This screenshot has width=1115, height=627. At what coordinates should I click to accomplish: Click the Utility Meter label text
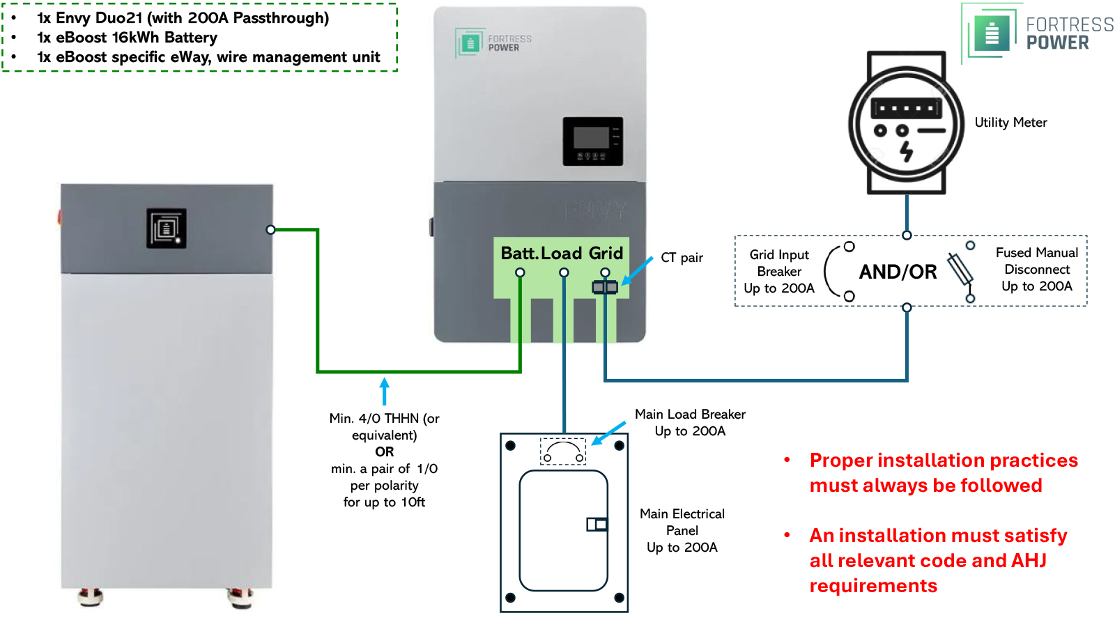1010,123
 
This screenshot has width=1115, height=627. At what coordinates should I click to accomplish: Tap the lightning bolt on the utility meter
906,150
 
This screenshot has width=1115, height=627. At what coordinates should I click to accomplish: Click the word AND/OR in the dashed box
898,272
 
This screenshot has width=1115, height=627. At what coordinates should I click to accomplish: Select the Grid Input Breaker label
779,272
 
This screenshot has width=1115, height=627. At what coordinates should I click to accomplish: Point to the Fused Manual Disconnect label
1036,270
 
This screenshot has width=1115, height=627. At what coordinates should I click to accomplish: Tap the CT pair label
682,258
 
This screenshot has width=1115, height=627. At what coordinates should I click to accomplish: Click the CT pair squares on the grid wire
604,287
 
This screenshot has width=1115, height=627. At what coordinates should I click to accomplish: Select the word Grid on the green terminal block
606,253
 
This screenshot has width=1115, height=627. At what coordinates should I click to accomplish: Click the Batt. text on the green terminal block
519,253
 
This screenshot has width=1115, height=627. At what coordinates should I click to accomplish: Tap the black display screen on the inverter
592,141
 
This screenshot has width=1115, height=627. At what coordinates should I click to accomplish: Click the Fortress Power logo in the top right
1038,33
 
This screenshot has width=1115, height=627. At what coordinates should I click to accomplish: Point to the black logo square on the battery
166,228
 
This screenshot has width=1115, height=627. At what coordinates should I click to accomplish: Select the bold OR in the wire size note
384,451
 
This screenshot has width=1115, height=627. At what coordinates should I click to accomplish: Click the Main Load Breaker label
689,422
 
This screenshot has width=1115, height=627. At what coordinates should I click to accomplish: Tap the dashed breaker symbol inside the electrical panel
563,451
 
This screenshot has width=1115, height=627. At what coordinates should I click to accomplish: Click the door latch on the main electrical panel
597,524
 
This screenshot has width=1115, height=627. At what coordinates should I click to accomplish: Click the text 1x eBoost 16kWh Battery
127,38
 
